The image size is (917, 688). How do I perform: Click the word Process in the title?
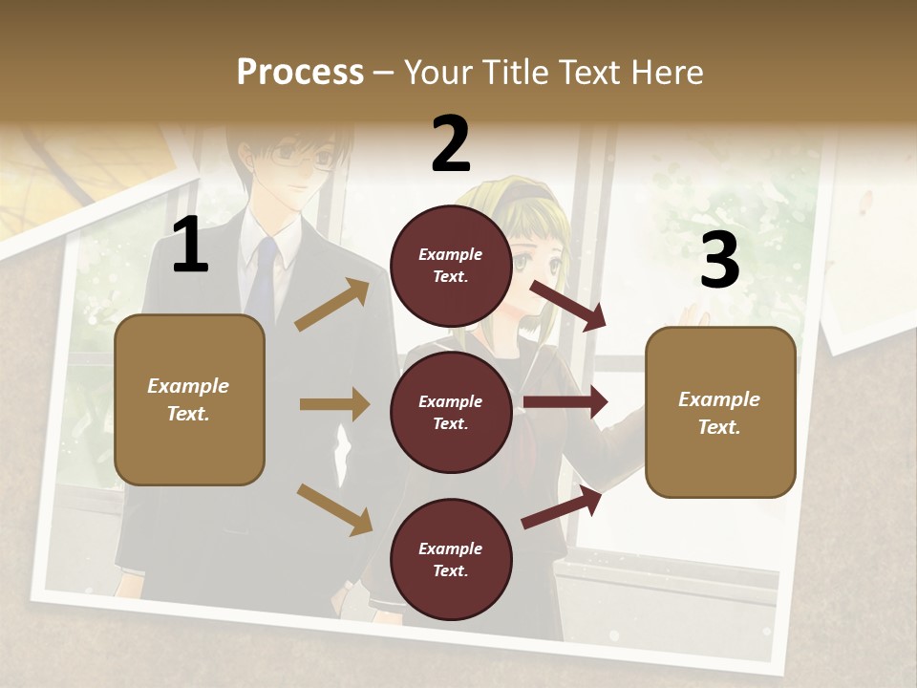300,72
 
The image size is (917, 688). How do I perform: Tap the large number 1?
190,246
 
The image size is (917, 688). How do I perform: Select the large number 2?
451,144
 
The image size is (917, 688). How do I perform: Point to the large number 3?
719,261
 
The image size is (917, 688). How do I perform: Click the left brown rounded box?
189,399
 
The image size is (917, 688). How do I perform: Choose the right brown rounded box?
720,413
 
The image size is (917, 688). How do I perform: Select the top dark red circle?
451,266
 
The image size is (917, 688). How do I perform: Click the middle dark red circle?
451,413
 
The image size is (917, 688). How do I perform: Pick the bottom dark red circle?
451,560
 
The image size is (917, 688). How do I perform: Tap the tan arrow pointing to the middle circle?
334,404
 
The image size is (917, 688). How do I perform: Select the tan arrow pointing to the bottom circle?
334,509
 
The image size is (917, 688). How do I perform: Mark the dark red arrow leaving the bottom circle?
562,507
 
